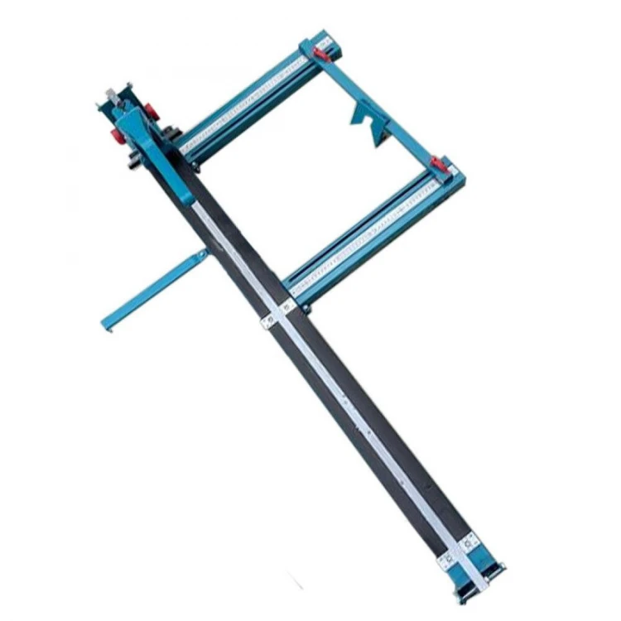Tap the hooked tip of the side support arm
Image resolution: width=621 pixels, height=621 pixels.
pos(105,325)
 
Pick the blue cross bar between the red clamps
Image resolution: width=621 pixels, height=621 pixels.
pos(385,108)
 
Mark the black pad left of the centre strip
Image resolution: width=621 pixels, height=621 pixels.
pos(331,414)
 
